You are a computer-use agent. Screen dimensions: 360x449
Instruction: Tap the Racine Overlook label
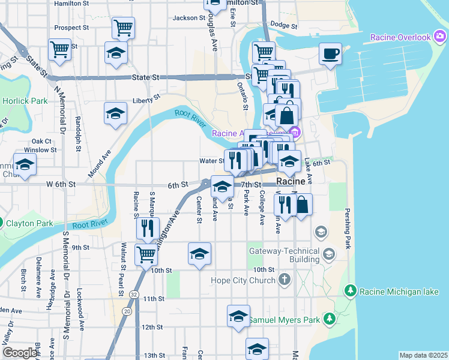coord(400,37)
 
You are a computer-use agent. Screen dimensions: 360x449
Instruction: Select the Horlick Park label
coord(25,101)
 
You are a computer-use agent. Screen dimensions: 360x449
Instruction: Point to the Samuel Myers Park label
coord(285,320)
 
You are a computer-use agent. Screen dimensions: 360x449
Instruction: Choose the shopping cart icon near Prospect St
coord(123,27)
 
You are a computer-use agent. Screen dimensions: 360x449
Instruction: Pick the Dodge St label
coord(284,25)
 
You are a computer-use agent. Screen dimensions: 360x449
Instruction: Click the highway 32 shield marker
coord(133,294)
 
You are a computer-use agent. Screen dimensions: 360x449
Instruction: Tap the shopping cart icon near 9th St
coord(146,255)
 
